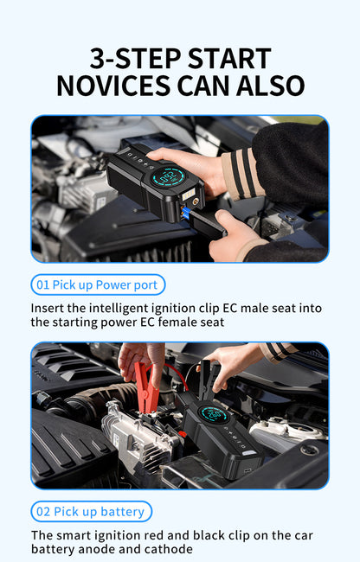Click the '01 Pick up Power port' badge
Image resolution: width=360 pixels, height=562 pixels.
[x=98, y=284]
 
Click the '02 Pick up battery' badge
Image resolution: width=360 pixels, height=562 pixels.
[x=91, y=511]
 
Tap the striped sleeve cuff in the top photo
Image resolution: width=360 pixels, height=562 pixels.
[x=242, y=173]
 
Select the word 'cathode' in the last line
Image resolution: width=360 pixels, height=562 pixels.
[x=167, y=548]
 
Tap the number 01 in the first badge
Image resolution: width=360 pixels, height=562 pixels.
[x=42, y=284]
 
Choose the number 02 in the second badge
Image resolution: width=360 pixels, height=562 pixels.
[x=42, y=511]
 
